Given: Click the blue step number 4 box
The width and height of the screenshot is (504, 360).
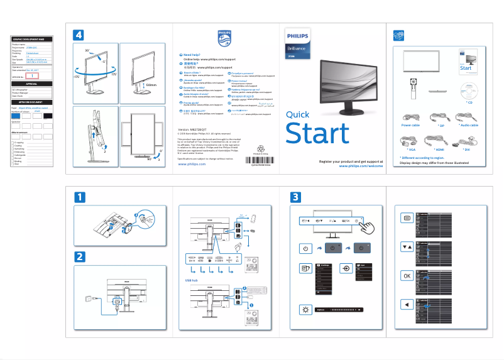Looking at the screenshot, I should coord(79,35).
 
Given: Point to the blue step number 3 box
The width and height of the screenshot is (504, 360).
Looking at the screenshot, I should coord(295,197).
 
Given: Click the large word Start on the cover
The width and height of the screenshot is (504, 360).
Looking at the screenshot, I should coord(317,134).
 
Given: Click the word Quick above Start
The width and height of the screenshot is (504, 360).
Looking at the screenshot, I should coord(298,114).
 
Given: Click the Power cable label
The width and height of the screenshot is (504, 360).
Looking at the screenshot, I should coord(410,125).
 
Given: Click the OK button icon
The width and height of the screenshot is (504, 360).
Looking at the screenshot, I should coord(407,276).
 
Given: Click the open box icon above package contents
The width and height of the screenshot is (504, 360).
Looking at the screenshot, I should coord(398,35).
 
